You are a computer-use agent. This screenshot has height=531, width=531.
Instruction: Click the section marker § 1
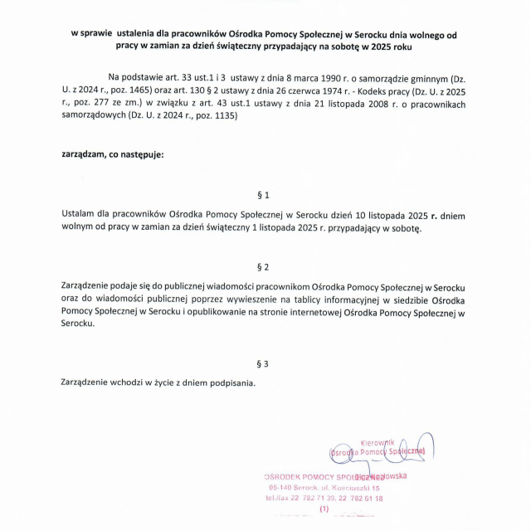coord(264,196)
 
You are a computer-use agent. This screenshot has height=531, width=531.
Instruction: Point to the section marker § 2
coord(264,267)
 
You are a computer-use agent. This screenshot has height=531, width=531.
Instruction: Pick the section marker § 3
coord(264,363)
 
